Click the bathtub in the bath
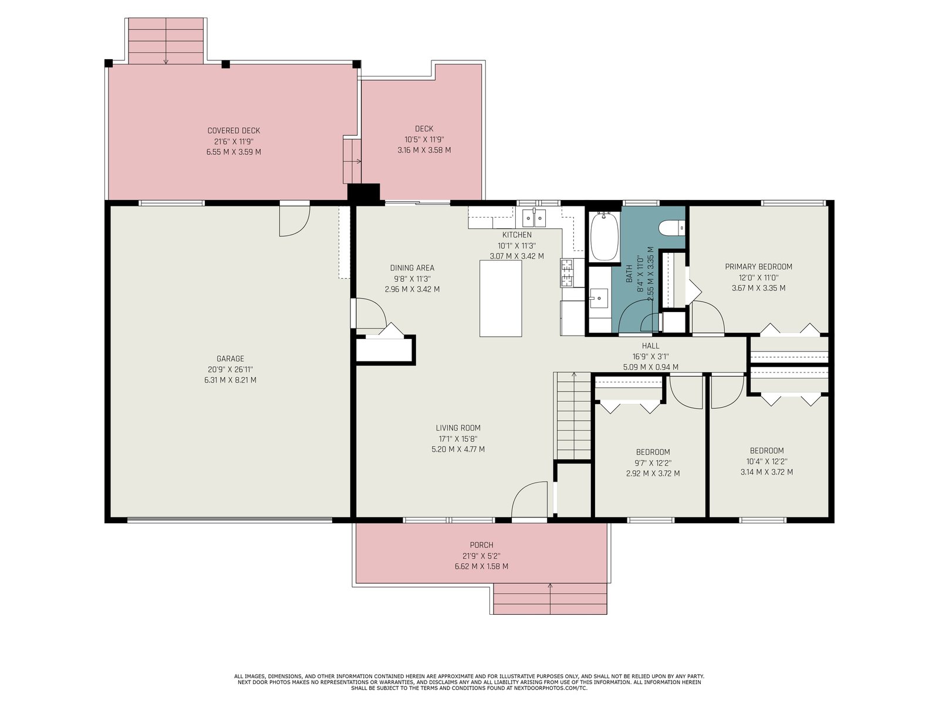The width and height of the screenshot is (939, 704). tap(604, 236)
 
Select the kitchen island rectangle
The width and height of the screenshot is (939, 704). tap(500, 299)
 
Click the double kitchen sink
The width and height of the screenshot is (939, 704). tap(534, 218)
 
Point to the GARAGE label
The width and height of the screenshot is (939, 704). tap(230, 358)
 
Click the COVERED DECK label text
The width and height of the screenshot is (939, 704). tap(234, 131)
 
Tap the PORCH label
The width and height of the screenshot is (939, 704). tap(482, 545)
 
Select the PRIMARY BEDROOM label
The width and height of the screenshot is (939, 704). tap(758, 267)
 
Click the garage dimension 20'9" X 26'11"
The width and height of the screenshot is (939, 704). tap(230, 370)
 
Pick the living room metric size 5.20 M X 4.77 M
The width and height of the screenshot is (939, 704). tap(458, 449)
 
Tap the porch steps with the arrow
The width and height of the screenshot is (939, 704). tap(550, 598)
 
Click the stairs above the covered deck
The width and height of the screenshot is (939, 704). tap(166, 41)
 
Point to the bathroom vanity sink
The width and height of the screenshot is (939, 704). tap(599, 298)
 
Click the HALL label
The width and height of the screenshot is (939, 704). tap(650, 346)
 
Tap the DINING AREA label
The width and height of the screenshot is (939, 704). tap(412, 268)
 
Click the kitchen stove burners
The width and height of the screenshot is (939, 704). tap(566, 273)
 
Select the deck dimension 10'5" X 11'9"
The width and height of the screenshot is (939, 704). tap(424, 140)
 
